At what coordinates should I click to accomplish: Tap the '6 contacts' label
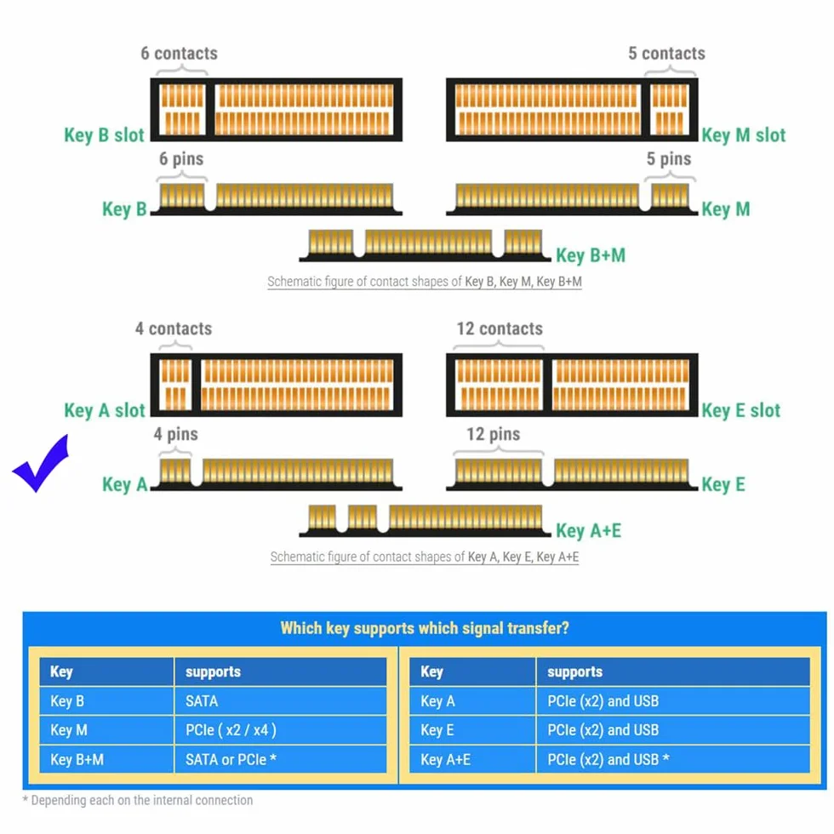[180, 53]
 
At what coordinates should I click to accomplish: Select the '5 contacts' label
[666, 53]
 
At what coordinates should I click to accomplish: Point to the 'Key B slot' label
[104, 135]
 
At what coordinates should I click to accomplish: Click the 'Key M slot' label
[744, 135]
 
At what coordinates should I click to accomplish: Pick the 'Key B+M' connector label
[591, 255]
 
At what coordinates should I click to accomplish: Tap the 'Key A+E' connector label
[588, 530]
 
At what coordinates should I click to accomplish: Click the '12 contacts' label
[500, 328]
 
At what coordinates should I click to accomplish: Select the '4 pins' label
[175, 434]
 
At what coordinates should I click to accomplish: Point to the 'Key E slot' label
[741, 410]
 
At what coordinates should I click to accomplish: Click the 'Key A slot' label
[104, 410]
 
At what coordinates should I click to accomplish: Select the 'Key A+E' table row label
[446, 759]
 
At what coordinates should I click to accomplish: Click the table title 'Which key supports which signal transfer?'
[425, 628]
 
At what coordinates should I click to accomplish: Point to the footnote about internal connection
[138, 800]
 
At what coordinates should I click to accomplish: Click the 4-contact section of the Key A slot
[175, 385]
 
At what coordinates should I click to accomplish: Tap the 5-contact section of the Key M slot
[670, 110]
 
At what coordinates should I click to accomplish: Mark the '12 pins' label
[493, 434]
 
